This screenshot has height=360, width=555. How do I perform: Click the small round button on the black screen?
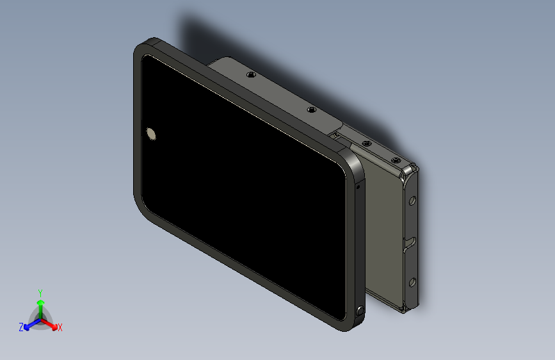point(152,133)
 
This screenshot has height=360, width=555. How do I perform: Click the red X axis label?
point(60,327)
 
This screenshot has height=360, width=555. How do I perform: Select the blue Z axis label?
point(21,327)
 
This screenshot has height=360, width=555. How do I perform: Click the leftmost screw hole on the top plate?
point(252,75)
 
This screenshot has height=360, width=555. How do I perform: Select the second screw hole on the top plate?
point(312,110)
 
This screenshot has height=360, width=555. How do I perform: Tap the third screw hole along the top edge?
point(367,143)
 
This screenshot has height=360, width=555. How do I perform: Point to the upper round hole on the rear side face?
point(412,200)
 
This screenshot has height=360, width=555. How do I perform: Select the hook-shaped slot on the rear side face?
point(410,243)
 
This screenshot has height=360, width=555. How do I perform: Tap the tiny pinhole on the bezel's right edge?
point(358,188)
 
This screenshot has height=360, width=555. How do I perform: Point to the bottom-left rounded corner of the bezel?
point(141,204)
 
